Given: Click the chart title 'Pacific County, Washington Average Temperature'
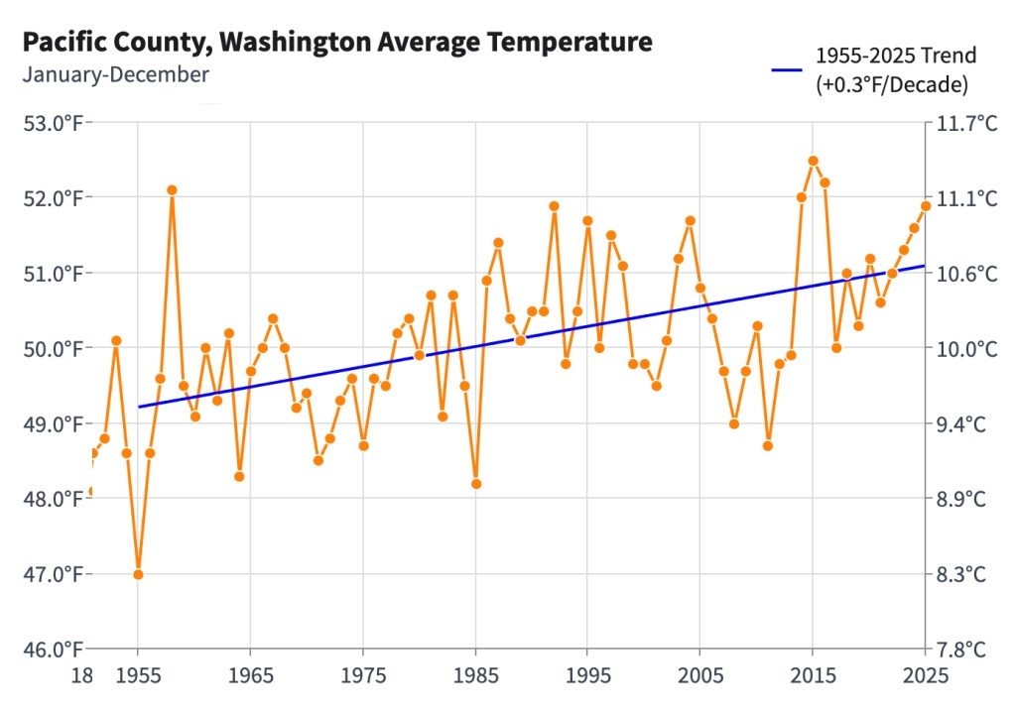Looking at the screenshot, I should [337, 43].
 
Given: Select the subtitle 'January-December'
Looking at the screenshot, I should [115, 74].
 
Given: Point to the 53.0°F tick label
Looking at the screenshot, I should [52, 123].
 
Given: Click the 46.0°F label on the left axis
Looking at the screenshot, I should [52, 650].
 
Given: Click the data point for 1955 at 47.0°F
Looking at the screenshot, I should [138, 574].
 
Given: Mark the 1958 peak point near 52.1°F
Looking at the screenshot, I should [172, 189].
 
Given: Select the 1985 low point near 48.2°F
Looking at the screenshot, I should [476, 484].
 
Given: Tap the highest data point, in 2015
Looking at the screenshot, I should [813, 161].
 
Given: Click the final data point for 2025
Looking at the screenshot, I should [926, 206].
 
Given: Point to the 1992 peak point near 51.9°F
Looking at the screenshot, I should [555, 206].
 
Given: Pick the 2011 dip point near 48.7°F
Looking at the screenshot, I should [768, 445].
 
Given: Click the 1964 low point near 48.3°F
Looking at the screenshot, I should [239, 476].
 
